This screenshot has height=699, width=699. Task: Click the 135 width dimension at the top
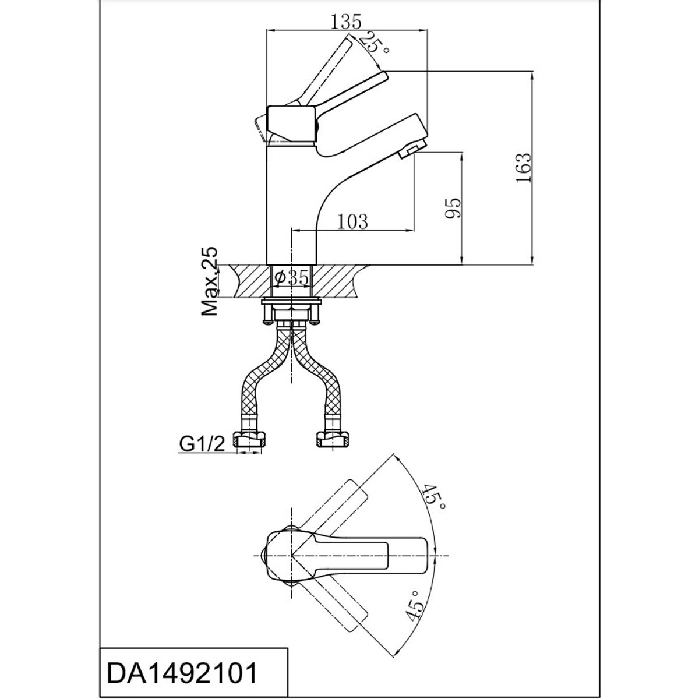346,22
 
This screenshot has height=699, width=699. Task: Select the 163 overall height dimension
524,168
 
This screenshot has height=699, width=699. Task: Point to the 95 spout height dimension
453,208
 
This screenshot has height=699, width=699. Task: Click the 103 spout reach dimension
352,221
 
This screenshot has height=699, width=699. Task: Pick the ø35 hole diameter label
292,278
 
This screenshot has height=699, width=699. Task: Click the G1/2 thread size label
202,443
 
